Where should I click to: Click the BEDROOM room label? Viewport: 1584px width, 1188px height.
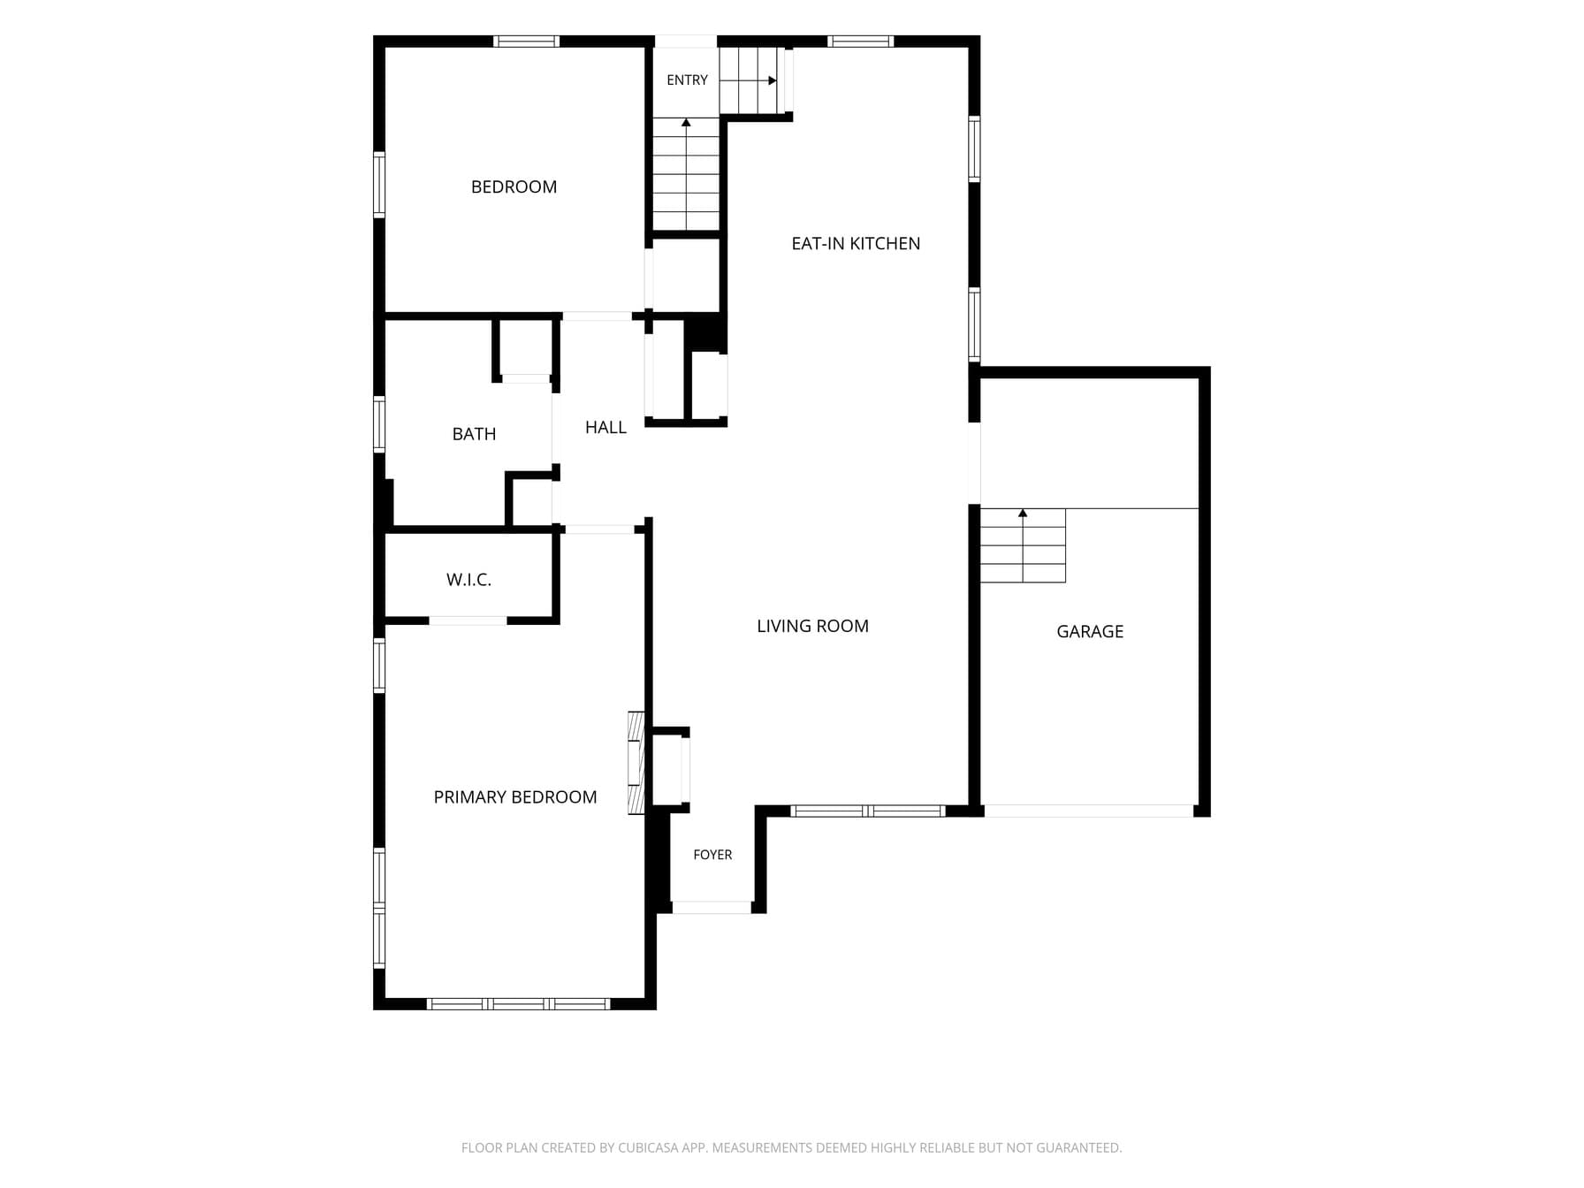click(x=514, y=187)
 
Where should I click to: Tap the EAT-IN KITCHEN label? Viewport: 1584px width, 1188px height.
click(x=856, y=243)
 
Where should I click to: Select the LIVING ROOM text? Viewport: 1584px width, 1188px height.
click(x=812, y=626)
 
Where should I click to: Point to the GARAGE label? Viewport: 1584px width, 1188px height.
click(x=1090, y=631)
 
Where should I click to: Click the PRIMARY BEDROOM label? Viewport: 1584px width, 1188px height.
click(x=515, y=797)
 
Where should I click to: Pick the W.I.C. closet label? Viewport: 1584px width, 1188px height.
click(x=468, y=580)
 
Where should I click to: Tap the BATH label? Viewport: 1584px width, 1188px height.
click(x=474, y=434)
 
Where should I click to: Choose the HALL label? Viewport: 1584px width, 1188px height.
click(x=605, y=427)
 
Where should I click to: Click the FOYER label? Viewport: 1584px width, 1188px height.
click(x=712, y=855)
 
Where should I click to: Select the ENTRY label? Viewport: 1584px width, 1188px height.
click(x=687, y=80)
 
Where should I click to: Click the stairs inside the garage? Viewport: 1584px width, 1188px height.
click(x=1023, y=545)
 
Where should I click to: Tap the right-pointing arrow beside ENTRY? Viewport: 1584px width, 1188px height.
click(x=748, y=80)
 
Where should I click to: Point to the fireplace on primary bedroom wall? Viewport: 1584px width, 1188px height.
click(x=636, y=762)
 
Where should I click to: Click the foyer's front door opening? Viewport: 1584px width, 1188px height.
click(x=712, y=907)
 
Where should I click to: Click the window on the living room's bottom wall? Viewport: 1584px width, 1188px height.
click(x=868, y=811)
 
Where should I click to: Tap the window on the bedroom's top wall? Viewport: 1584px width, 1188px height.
click(x=526, y=41)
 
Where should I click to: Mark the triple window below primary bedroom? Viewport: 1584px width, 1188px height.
click(x=518, y=1003)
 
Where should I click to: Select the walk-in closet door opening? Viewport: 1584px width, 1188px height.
click(x=468, y=621)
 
